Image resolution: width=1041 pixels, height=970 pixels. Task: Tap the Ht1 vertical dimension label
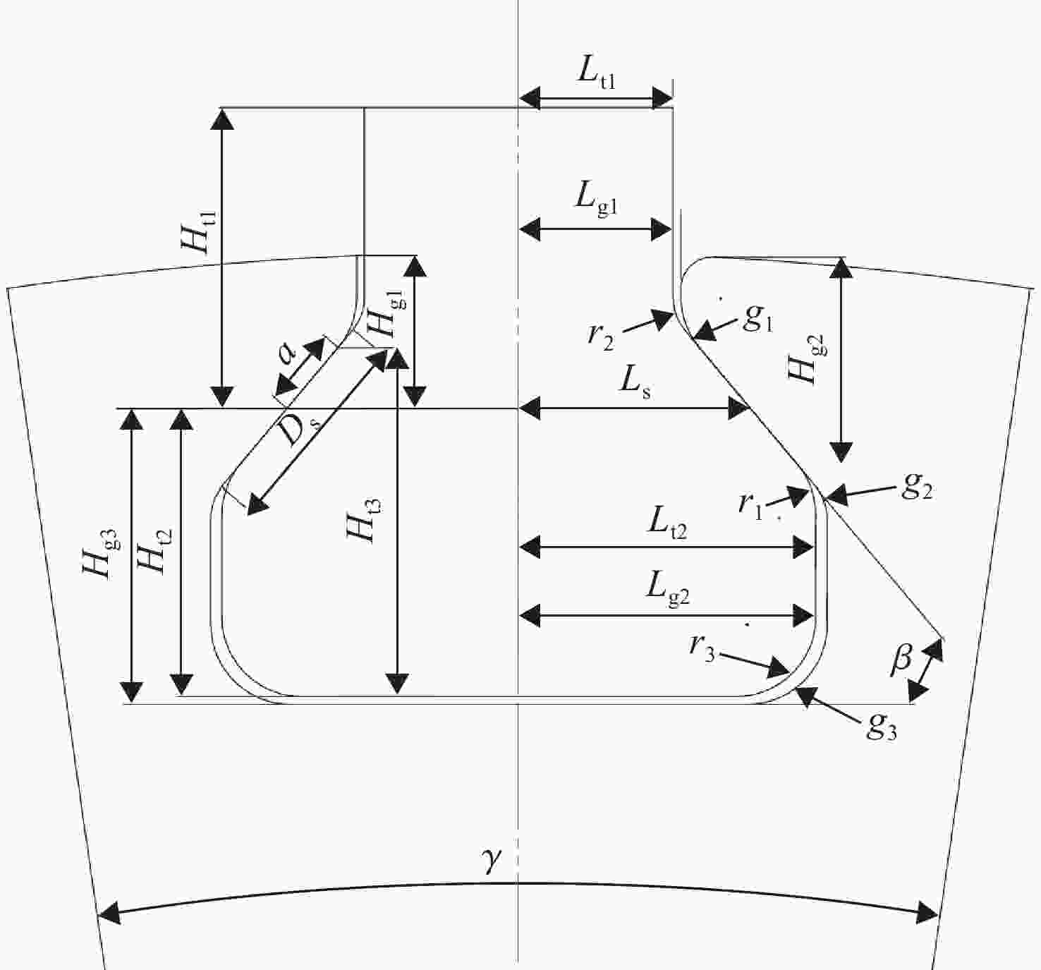[199, 231]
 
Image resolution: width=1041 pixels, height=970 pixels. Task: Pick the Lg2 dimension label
[667, 590]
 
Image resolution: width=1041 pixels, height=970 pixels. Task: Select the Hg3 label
[102, 554]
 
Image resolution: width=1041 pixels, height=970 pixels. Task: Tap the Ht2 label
[154, 552]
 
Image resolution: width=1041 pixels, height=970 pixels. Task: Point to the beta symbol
[901, 660]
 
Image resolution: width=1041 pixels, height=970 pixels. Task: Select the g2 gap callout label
[917, 487]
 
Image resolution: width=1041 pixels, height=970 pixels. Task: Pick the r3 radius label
[702, 649]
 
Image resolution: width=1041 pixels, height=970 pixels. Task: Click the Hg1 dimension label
[387, 315]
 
